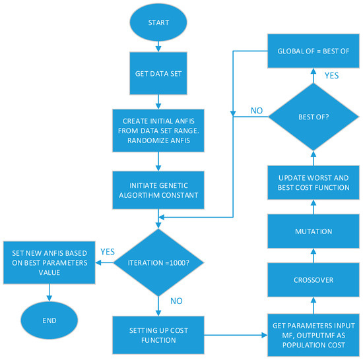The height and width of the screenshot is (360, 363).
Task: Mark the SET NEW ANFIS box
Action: click(48, 258)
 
